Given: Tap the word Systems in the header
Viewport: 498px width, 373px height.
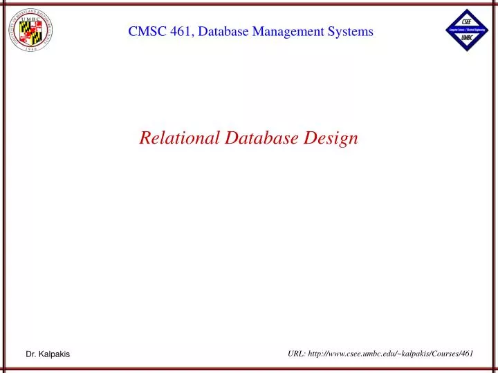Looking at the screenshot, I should [x=350, y=32].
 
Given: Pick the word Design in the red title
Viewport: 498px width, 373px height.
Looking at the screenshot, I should [x=335, y=137].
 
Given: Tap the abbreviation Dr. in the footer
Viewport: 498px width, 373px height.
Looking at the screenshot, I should [x=31, y=354].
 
